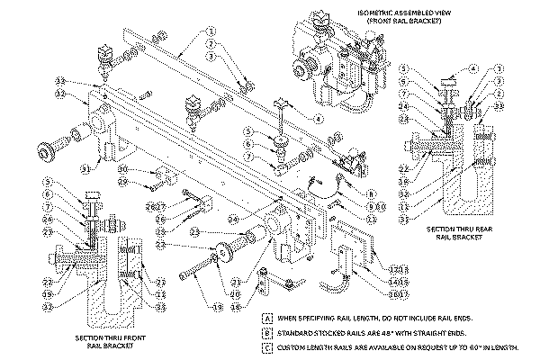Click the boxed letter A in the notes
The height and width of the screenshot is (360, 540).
(x=267, y=319)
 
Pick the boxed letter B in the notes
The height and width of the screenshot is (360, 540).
(x=267, y=331)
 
